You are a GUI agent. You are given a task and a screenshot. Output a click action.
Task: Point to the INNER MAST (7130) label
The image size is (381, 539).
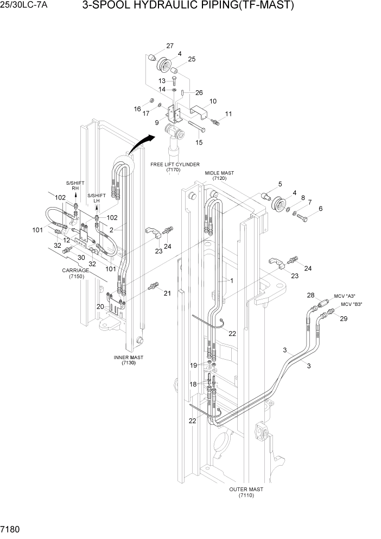point(129,360)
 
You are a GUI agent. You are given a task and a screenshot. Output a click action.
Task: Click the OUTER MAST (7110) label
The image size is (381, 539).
point(246,492)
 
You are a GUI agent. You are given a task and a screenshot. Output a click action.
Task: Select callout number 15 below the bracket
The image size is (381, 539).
point(199,142)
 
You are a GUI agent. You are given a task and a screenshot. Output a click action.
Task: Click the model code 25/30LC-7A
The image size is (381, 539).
point(20,6)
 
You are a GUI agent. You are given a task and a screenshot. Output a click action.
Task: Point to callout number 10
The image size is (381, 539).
point(213,101)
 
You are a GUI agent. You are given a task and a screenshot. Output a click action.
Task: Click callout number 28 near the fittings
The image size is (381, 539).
point(310,295)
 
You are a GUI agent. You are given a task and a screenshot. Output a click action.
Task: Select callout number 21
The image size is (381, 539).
point(167,293)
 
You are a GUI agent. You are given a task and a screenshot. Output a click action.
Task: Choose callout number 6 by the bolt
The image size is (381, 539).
point(320,209)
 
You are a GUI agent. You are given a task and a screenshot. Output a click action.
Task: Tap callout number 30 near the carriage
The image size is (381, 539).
point(81,258)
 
